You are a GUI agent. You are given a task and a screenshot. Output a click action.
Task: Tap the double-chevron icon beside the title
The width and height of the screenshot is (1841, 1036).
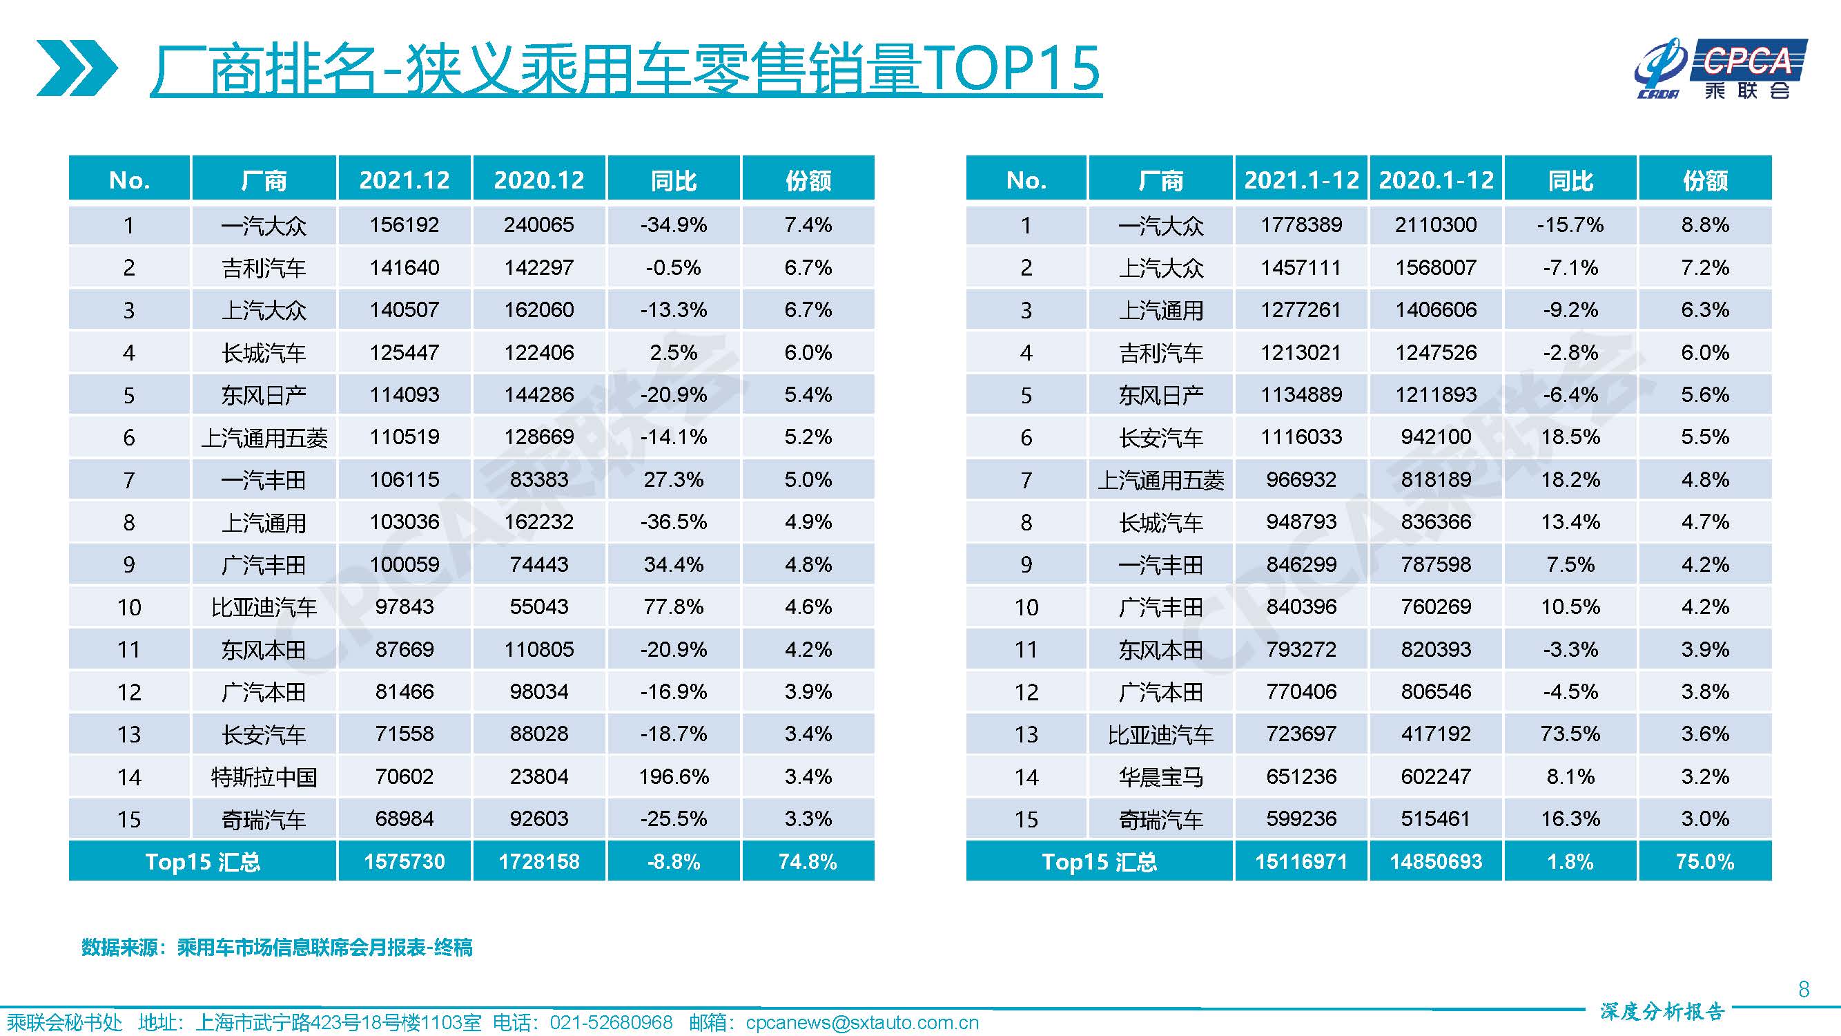click(x=77, y=68)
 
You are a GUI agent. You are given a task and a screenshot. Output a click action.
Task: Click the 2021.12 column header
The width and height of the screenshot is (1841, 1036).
click(x=404, y=180)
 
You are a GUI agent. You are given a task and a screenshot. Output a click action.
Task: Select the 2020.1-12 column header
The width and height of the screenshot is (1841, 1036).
click(x=1436, y=180)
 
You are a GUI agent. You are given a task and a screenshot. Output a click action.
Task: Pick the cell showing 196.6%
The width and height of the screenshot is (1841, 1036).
click(x=673, y=776)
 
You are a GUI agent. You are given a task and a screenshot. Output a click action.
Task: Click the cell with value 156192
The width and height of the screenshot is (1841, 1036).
click(x=404, y=225)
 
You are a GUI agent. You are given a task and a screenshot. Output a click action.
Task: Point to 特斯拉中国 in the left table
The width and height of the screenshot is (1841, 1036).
click(x=264, y=777)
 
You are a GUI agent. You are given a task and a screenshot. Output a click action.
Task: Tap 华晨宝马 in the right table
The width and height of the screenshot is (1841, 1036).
click(x=1160, y=777)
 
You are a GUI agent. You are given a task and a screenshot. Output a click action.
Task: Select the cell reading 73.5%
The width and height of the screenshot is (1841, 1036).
click(x=1570, y=734)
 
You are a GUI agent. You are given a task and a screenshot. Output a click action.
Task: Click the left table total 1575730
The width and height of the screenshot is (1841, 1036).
click(x=404, y=861)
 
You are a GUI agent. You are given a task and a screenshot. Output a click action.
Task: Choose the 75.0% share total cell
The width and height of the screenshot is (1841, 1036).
click(x=1704, y=861)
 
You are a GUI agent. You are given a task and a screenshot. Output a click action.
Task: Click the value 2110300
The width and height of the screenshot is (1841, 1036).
click(x=1436, y=225)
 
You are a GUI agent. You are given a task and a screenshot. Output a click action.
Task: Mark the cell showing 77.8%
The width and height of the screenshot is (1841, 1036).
click(x=673, y=607)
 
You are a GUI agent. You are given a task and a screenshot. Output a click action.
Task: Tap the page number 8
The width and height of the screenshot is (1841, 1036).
click(x=1803, y=990)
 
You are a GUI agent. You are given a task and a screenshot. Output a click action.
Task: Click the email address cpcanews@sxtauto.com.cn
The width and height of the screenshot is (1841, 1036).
click(x=862, y=1023)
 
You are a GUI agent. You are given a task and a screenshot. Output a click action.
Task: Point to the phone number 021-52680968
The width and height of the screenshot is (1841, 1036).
click(x=610, y=1023)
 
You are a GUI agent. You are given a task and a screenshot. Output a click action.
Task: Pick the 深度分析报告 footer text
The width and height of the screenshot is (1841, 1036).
click(x=1662, y=1012)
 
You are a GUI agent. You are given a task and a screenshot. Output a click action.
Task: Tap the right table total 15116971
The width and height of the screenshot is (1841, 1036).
click(x=1301, y=861)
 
